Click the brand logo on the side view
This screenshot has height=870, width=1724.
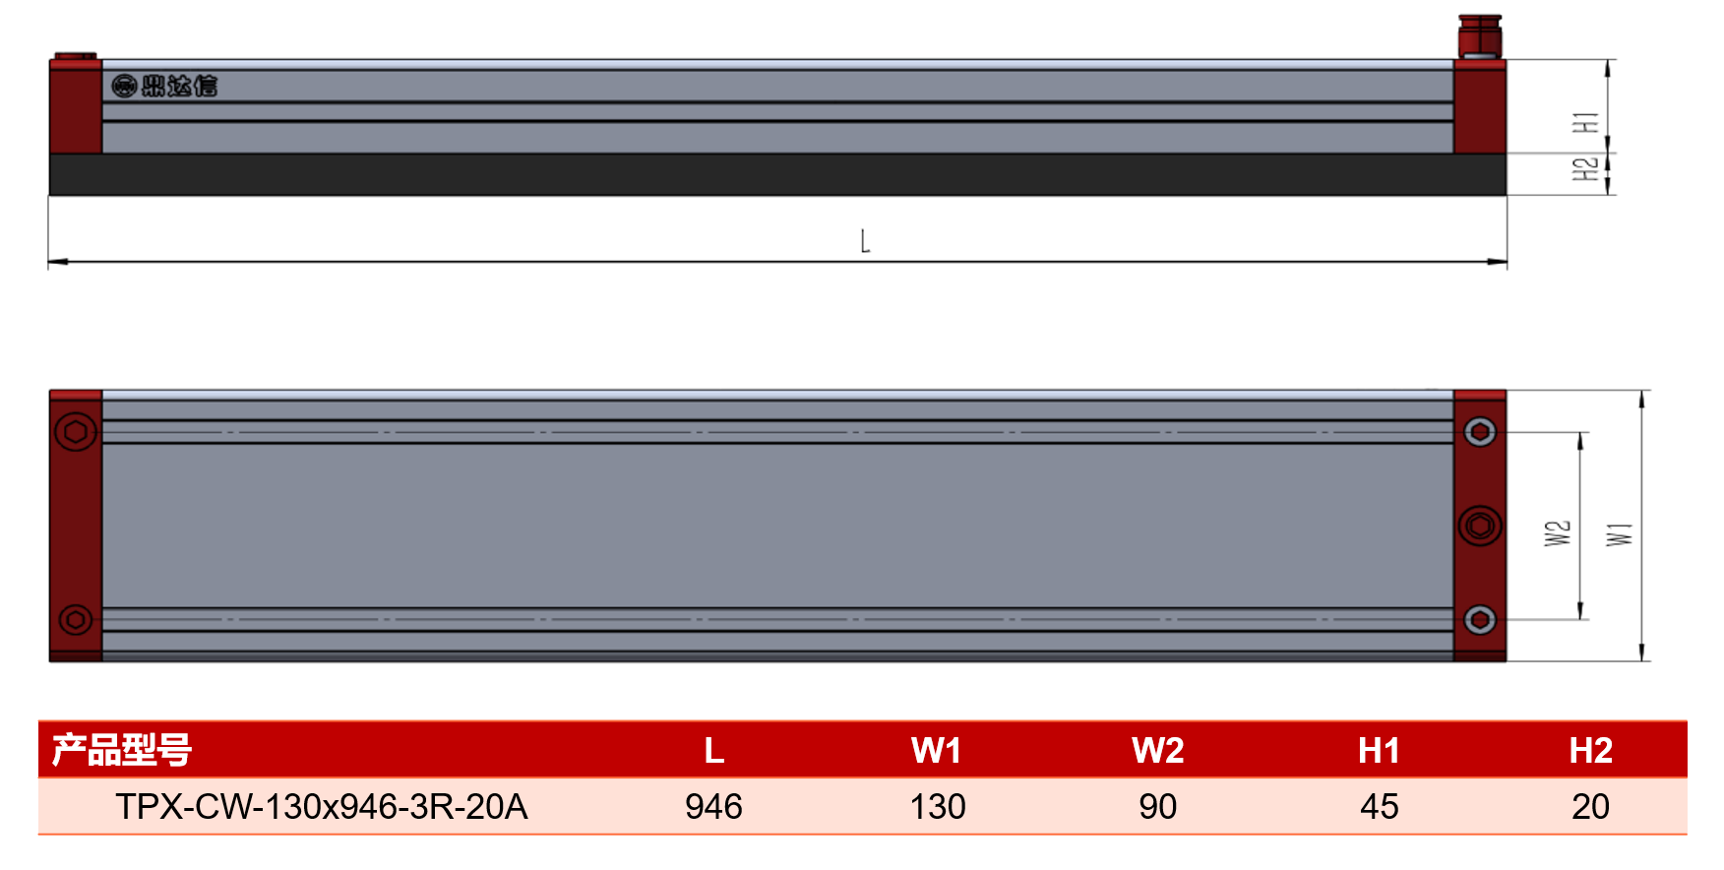point(164,87)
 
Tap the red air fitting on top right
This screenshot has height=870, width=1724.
point(1479,36)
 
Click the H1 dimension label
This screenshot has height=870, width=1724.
point(1584,123)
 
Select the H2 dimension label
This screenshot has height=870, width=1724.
point(1584,169)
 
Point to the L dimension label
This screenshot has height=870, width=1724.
point(865,241)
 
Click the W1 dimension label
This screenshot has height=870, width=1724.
point(1619,534)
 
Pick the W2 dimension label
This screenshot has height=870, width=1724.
point(1557,533)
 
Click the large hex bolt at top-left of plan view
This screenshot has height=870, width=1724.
point(76,432)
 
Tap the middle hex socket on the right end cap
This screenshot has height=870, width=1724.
point(1479,526)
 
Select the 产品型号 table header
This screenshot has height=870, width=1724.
point(121,750)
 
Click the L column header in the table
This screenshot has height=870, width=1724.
point(713,751)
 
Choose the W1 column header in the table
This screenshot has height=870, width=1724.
point(936,751)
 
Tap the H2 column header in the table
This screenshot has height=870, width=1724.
point(1590,751)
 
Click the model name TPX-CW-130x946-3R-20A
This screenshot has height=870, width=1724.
point(322,807)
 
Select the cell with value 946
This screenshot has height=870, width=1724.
point(713,807)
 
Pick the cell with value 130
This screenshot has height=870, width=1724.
point(937,807)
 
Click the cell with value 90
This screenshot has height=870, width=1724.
point(1157,807)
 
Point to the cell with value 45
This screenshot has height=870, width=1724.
point(1379,807)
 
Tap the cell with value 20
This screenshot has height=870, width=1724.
point(1590,807)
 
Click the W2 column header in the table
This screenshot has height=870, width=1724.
point(1157,751)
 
